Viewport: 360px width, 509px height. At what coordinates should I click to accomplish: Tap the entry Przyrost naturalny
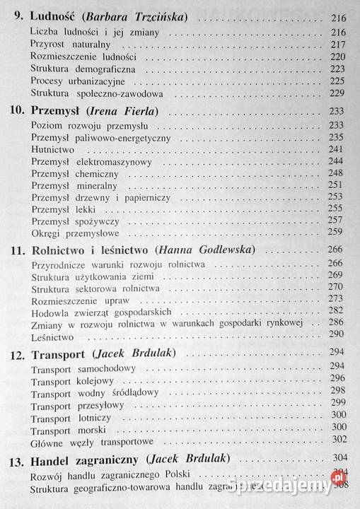coord(70,44)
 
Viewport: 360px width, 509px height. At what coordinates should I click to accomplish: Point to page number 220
coord(335,57)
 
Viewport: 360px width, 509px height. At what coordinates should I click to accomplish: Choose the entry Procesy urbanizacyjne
coord(78,81)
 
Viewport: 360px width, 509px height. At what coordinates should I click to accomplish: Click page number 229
coord(335,94)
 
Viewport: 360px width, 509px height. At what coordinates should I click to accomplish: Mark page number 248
coord(335,175)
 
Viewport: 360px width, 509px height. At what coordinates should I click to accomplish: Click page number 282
coord(335,312)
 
